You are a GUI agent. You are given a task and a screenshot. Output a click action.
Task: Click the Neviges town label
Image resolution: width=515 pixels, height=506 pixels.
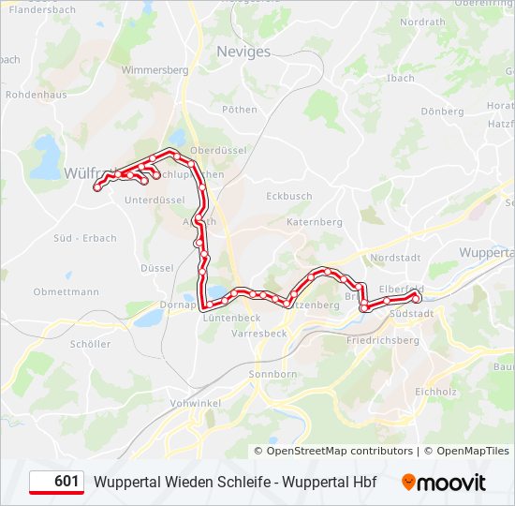point(243,52)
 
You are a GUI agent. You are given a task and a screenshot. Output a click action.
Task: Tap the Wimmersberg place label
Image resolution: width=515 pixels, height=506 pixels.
point(155,70)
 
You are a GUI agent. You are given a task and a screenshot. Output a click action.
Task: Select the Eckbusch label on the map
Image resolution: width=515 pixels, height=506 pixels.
point(288,196)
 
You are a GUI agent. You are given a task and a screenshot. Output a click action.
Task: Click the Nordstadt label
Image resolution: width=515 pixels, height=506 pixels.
point(396,257)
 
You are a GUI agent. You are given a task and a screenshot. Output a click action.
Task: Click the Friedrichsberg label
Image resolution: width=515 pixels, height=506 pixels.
point(383,340)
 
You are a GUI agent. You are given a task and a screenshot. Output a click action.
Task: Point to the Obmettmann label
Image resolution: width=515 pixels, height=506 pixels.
point(66,291)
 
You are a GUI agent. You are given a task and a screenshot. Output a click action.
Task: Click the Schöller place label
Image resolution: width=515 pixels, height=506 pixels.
point(90,344)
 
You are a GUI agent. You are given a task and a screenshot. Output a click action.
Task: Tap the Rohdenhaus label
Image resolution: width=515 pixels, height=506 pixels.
point(36,95)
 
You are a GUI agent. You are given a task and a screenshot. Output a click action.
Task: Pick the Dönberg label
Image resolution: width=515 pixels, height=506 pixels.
point(442,112)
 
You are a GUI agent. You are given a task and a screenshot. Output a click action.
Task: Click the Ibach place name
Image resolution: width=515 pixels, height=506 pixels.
point(400,78)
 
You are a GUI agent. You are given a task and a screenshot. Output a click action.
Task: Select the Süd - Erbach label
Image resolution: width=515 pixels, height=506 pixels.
point(85,238)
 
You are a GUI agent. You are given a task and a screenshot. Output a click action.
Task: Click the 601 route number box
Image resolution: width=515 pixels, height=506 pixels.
point(56,482)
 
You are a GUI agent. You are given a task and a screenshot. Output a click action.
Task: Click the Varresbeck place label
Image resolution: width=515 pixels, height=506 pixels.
point(258,334)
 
